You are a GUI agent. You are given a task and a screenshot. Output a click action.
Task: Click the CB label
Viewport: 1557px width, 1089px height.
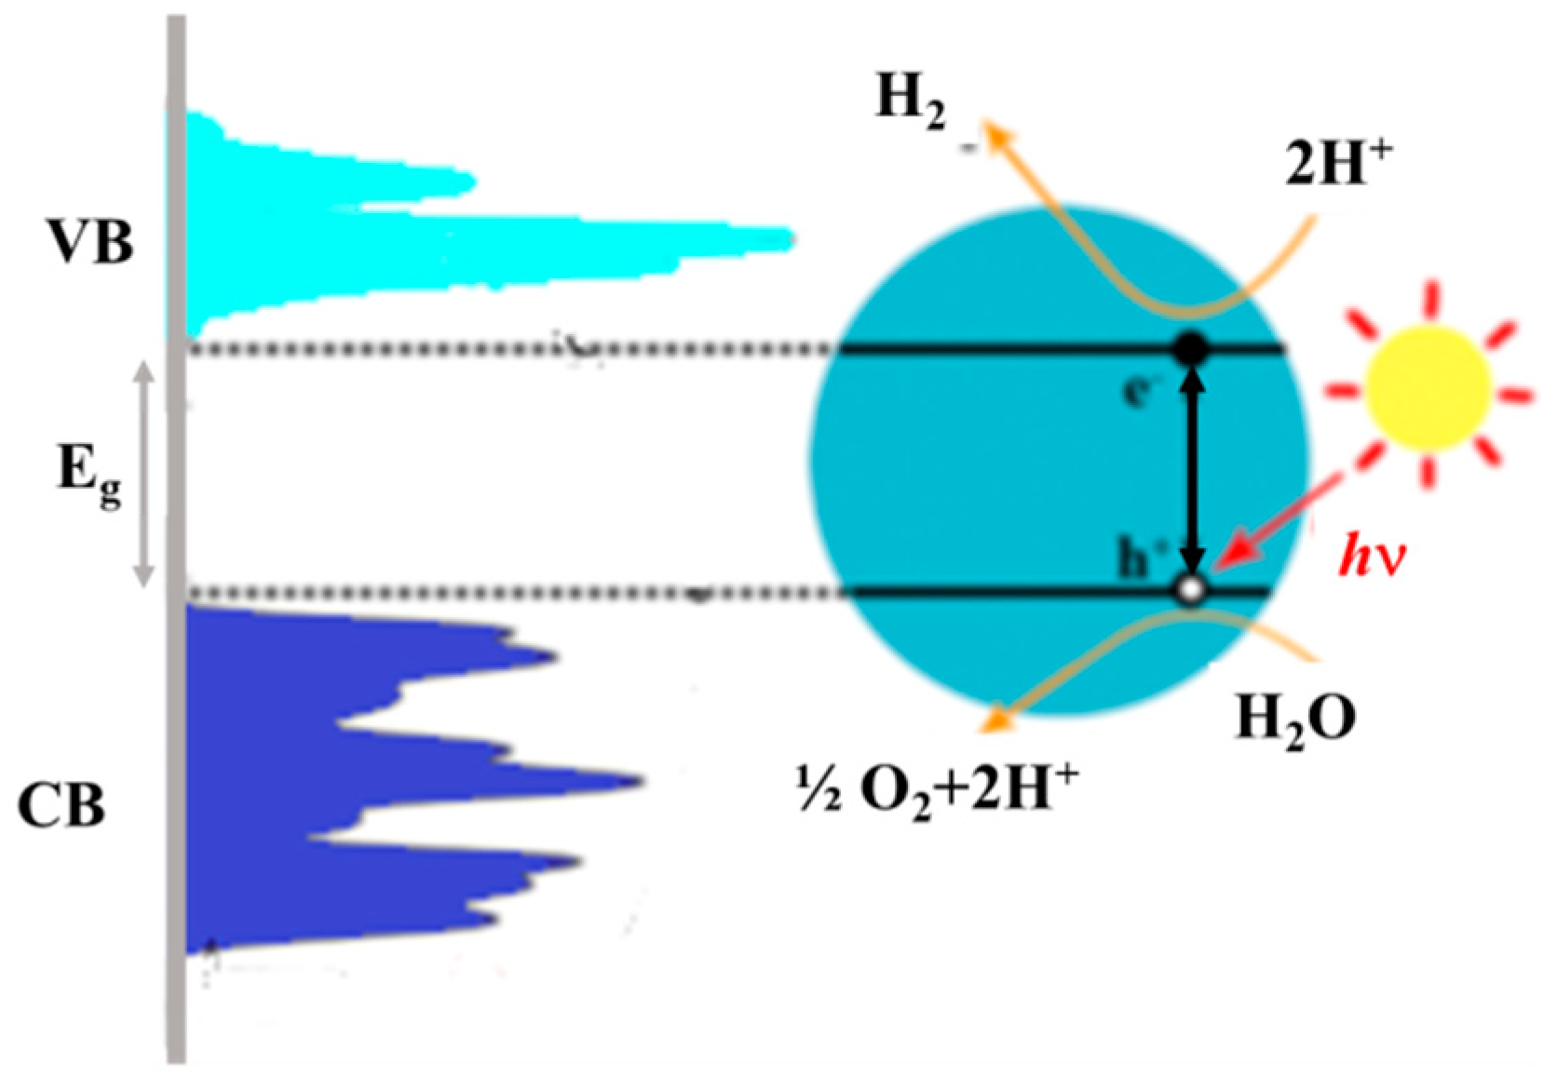(x=61, y=805)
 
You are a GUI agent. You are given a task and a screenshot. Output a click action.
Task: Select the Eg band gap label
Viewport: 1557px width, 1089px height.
(x=88, y=472)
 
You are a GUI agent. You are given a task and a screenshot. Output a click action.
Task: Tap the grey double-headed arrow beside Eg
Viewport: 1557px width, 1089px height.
(x=142, y=475)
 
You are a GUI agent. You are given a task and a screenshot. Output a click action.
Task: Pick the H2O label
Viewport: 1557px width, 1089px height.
(x=1294, y=719)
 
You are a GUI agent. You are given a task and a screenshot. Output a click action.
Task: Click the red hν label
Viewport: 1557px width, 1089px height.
(x=1372, y=558)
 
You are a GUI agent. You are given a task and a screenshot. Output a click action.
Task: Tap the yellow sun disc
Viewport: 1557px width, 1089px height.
(x=1428, y=387)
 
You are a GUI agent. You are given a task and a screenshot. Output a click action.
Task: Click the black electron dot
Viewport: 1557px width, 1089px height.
(x=1192, y=350)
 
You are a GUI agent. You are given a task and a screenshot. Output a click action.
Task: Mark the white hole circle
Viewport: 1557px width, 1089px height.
(x=1191, y=589)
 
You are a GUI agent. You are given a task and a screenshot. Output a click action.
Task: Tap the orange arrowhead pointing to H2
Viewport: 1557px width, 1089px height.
(x=998, y=134)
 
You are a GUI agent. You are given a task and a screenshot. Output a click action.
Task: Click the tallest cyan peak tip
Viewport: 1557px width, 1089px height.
(x=790, y=239)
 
